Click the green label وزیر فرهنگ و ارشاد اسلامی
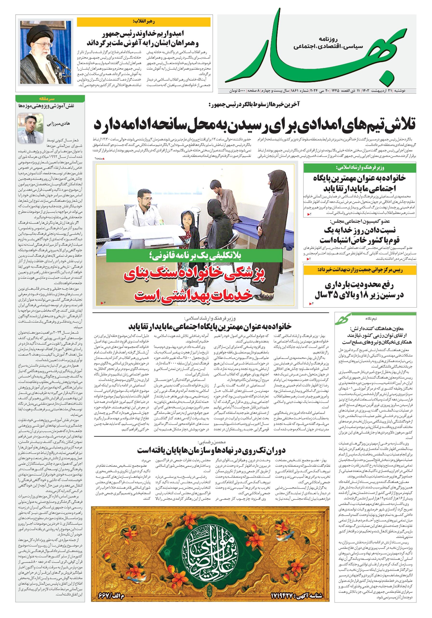point(360,168)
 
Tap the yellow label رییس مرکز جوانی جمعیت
point(360,270)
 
